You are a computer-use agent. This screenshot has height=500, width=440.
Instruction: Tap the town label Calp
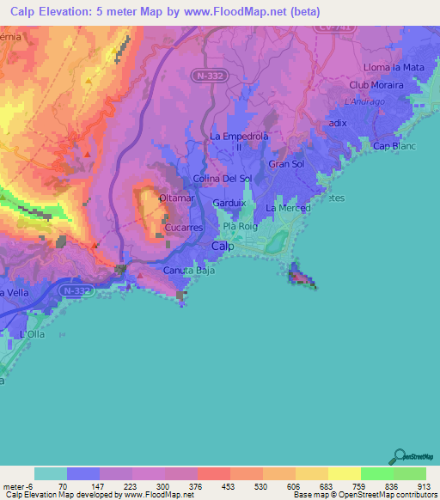222,246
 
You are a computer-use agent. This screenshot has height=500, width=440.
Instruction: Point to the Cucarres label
183,229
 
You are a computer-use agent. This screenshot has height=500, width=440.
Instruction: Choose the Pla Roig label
241,227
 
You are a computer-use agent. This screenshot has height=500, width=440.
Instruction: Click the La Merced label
287,208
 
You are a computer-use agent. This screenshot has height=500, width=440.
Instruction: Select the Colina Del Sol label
223,178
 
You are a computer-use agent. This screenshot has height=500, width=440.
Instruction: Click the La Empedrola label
240,137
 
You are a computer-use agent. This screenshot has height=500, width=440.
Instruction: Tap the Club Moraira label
377,85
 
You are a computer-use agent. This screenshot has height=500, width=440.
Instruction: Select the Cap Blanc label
394,146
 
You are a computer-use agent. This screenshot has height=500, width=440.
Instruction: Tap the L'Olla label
32,334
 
